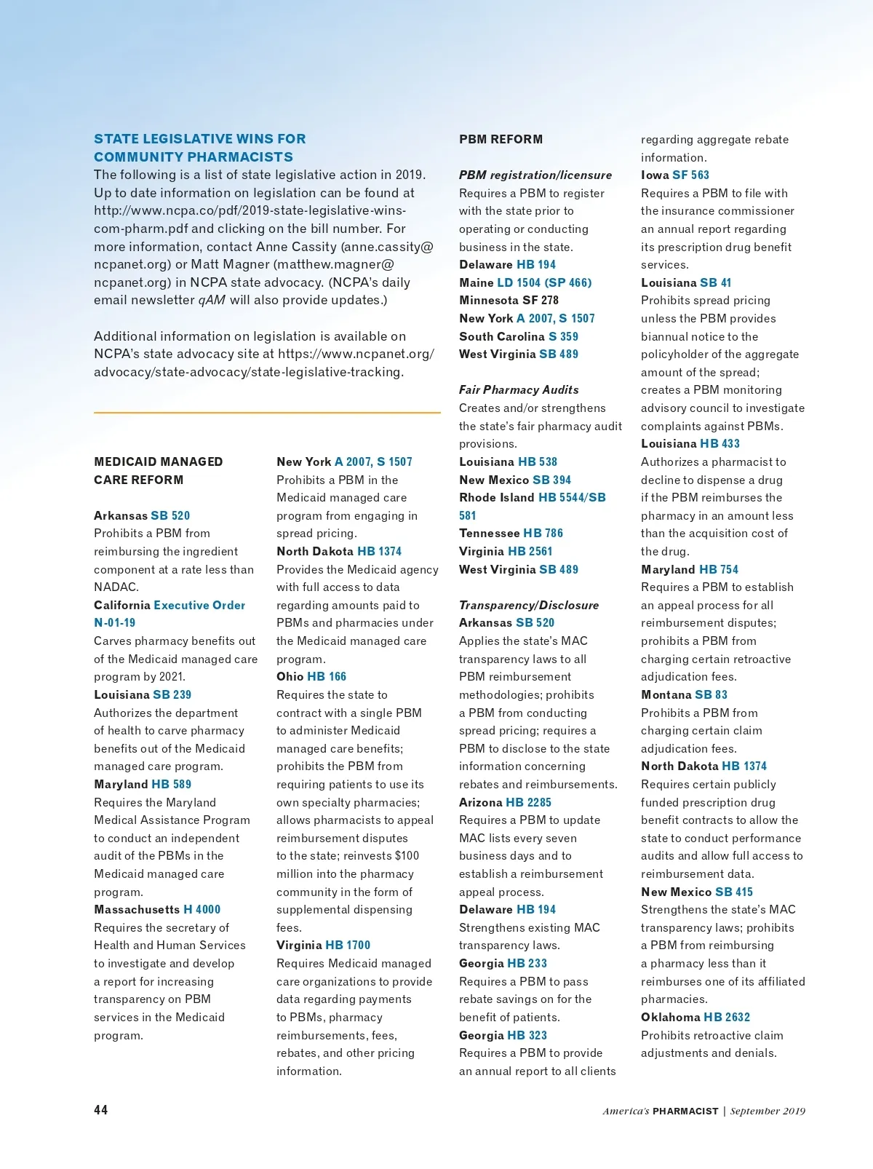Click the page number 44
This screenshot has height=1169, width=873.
[x=101, y=1109]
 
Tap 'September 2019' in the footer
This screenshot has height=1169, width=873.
[x=768, y=1111]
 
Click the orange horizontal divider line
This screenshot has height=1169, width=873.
[x=267, y=413]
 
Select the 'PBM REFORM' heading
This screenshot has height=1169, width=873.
[x=501, y=139]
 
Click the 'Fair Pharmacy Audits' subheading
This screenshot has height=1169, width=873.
[x=519, y=390]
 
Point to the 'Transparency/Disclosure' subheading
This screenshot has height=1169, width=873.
[x=529, y=605]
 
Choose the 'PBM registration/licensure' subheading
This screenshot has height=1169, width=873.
[x=535, y=175]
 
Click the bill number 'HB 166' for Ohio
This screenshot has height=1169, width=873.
[x=327, y=676]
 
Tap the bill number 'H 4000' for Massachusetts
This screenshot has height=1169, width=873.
[x=202, y=909]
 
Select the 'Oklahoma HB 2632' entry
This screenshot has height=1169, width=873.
[x=695, y=1017]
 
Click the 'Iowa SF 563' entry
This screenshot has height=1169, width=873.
[x=675, y=175]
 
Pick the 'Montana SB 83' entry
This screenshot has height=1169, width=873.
[x=684, y=694]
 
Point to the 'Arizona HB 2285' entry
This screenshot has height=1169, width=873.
[x=505, y=802]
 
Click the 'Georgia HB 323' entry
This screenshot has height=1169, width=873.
[x=503, y=1035]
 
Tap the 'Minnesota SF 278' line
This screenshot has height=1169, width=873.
[x=509, y=300]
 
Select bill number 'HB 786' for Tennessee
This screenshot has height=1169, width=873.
[x=543, y=533]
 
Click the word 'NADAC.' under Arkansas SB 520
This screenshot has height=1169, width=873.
[x=116, y=587]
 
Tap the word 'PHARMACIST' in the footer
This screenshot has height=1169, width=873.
[x=685, y=1111]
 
